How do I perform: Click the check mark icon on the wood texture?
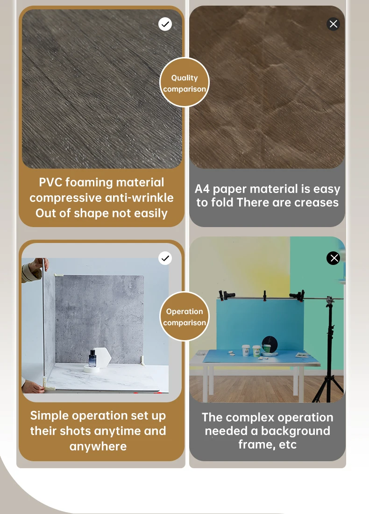165,24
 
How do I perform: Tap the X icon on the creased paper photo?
334,24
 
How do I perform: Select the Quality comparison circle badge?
184,83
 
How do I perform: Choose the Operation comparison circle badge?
184,317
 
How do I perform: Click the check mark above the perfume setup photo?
165,258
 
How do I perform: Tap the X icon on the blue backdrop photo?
334,258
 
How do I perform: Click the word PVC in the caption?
50,182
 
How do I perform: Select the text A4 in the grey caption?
202,189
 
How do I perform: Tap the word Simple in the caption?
50,416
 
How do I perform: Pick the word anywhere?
98,446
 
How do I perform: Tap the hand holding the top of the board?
39,265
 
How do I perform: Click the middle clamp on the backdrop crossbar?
265,295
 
